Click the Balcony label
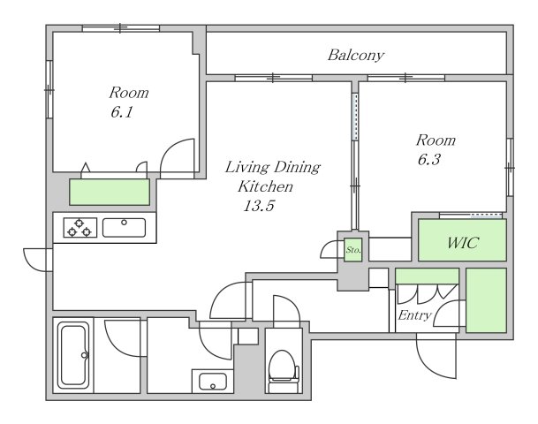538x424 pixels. click(356, 56)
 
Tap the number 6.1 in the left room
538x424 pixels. click(121, 112)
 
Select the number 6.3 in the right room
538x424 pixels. click(428, 160)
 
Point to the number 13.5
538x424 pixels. click(259, 206)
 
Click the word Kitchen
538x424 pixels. click(266, 186)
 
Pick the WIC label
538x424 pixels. click(463, 243)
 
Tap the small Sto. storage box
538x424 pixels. click(353, 250)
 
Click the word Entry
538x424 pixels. click(414, 315)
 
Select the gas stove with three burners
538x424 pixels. click(80, 228)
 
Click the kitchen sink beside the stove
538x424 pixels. click(124, 228)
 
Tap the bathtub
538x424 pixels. click(73, 355)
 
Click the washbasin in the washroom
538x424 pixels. click(213, 381)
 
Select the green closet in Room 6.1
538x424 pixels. click(110, 192)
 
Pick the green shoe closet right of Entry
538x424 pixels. click(486, 300)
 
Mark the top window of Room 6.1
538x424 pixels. click(121, 28)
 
